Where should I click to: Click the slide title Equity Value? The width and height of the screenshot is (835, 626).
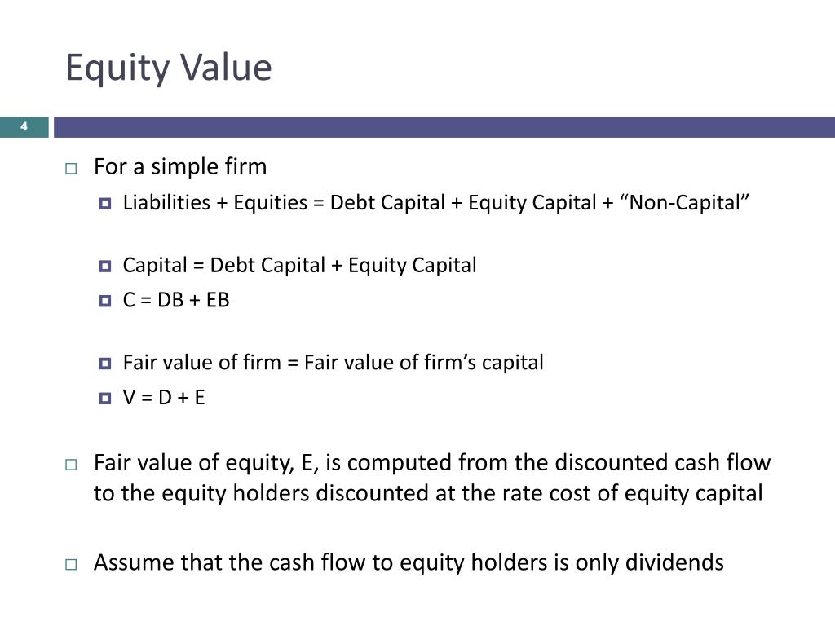coord(168,68)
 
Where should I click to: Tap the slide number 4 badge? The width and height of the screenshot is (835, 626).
coord(24,126)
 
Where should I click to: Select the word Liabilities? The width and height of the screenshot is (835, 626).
coord(166,203)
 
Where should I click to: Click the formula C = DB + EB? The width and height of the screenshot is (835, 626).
coord(176,300)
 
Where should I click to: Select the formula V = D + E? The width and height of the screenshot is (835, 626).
coord(164,399)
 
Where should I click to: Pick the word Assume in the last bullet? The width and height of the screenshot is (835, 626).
coord(130,562)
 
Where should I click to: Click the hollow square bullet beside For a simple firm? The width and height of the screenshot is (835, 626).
coord(71,169)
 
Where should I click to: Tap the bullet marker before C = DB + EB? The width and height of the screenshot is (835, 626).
coord(104,301)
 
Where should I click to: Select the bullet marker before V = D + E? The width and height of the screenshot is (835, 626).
coord(104,399)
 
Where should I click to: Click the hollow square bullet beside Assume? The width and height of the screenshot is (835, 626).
coord(71,564)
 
